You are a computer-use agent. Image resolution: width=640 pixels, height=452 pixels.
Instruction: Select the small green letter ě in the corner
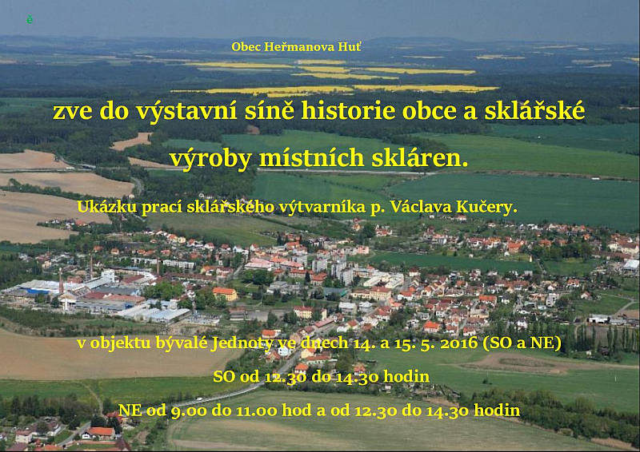(30, 19)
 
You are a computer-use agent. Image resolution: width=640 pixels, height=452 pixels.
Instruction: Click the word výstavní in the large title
(186, 111)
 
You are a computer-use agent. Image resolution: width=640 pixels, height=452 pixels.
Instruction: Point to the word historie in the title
(348, 111)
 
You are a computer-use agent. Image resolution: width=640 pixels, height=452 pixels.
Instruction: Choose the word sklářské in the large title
(534, 111)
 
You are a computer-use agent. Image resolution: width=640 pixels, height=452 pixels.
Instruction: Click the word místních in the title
(311, 158)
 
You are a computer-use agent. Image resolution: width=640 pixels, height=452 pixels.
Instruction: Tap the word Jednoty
(242, 343)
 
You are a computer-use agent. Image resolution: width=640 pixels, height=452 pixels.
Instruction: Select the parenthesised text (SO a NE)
(522, 343)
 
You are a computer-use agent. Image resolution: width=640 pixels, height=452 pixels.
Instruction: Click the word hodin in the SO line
(406, 376)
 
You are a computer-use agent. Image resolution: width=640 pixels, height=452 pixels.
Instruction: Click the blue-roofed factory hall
(38, 288)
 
